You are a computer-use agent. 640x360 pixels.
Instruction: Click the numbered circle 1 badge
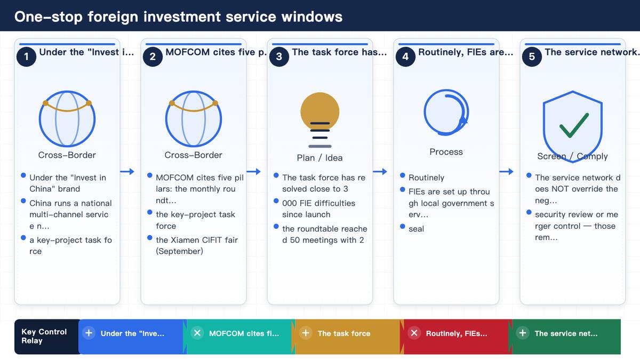(26, 57)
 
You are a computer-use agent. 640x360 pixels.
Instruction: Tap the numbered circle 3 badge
(279, 57)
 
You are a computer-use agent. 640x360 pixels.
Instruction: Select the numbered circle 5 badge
(532, 57)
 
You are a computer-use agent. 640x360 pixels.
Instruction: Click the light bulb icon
(320, 120)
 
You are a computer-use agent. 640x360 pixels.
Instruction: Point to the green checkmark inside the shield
(574, 126)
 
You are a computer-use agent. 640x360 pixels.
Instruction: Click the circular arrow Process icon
(446, 113)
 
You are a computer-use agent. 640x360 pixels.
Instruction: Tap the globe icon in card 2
(194, 118)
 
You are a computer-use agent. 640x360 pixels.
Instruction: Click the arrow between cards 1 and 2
(127, 171)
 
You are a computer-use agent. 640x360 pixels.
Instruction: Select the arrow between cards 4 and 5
(506, 171)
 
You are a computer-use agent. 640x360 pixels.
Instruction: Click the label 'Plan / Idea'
(319, 158)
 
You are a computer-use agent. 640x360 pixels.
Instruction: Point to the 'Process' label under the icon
(446, 151)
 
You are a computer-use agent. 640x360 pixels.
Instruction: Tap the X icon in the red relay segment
(414, 333)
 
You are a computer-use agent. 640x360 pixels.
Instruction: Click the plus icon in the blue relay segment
(89, 333)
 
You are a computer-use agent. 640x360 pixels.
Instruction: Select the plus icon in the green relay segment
(523, 333)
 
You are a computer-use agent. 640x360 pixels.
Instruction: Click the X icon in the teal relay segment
(197, 333)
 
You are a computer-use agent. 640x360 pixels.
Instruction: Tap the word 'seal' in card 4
(417, 229)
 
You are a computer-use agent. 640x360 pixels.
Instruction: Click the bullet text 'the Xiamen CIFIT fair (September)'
(197, 245)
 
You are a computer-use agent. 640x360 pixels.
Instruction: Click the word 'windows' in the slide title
(312, 17)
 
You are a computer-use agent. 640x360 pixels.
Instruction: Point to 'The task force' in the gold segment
(344, 333)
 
